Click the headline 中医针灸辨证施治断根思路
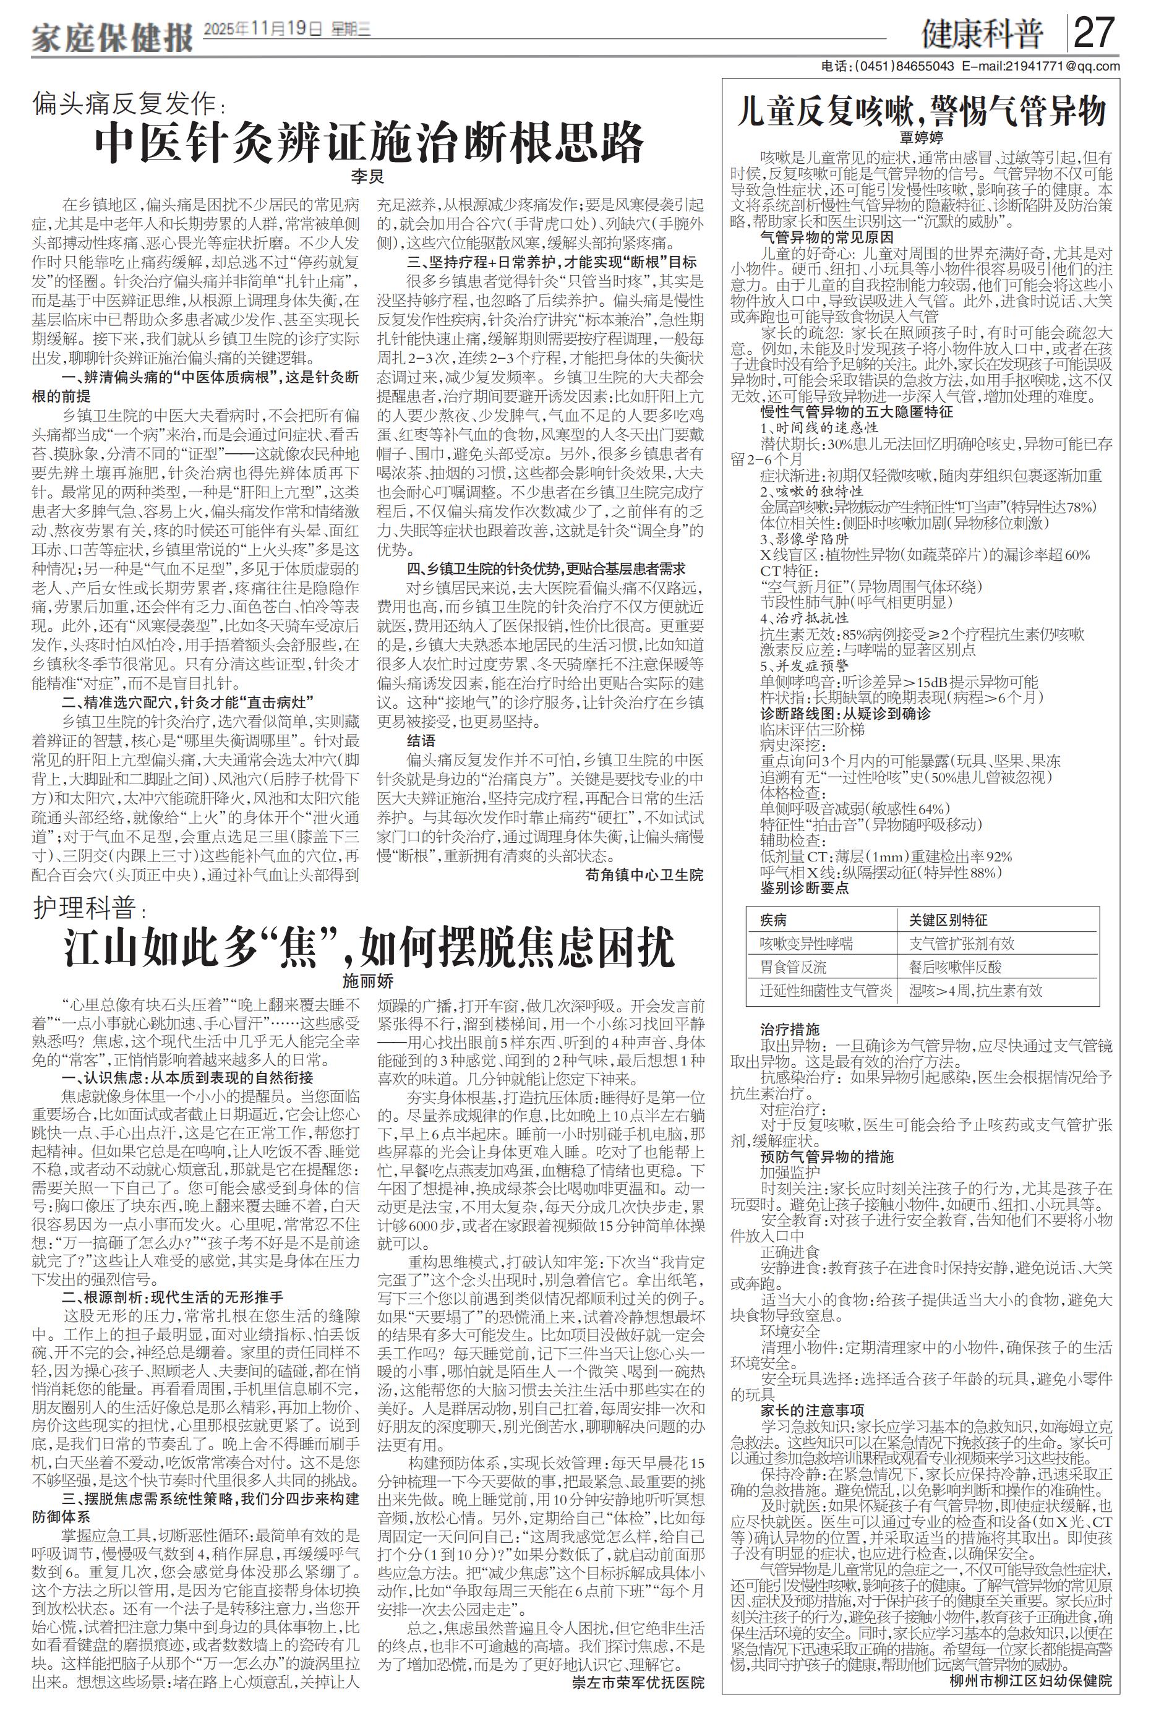pyautogui.click(x=369, y=144)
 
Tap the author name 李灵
pyautogui.click(x=367, y=177)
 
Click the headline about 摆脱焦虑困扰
pyautogui.click(x=369, y=947)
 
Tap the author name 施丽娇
pyautogui.click(x=368, y=981)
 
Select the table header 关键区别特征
pyautogui.click(x=948, y=920)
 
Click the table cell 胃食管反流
pyautogui.click(x=793, y=967)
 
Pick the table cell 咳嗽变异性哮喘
pyautogui.click(x=806, y=944)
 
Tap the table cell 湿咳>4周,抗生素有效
pyautogui.click(x=975, y=991)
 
